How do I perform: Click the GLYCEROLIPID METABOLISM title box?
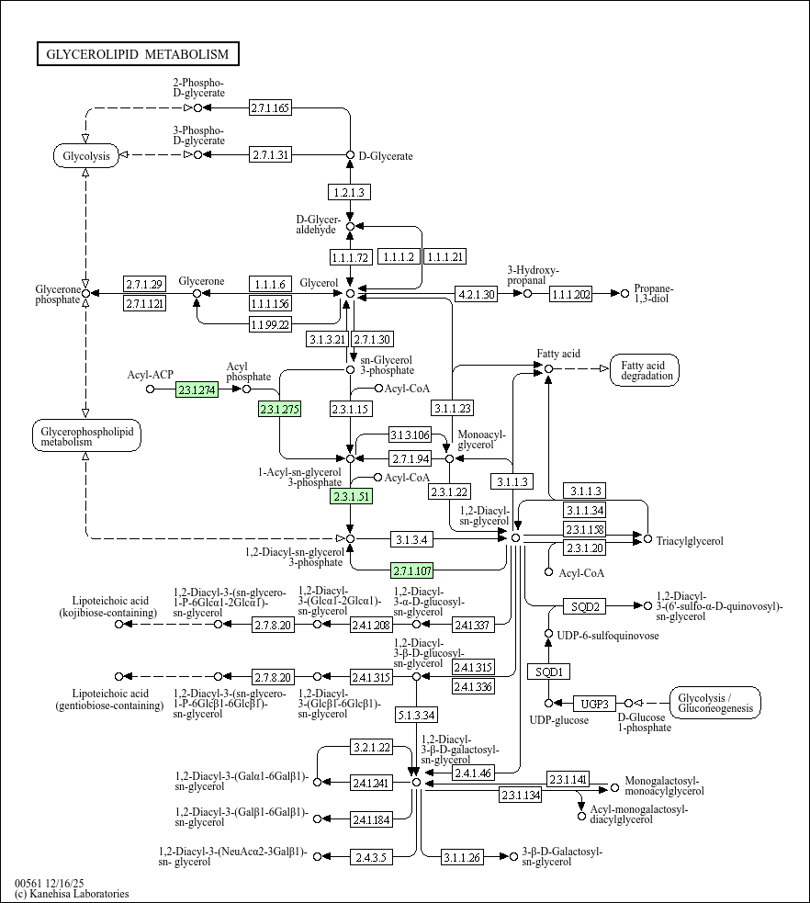(138, 55)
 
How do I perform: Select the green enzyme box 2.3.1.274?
(196, 389)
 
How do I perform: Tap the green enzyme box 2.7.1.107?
(412, 569)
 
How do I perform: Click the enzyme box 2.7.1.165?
(270, 108)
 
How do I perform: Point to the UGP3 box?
(594, 704)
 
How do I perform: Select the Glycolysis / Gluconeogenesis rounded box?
(715, 703)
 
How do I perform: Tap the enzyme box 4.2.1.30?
(476, 294)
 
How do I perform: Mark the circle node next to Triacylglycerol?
(647, 538)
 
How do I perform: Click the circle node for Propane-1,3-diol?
(625, 294)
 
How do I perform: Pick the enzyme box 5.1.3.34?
(416, 714)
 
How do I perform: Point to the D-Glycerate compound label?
(386, 156)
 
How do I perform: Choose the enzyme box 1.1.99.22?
(271, 323)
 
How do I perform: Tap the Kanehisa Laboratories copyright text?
(72, 894)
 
